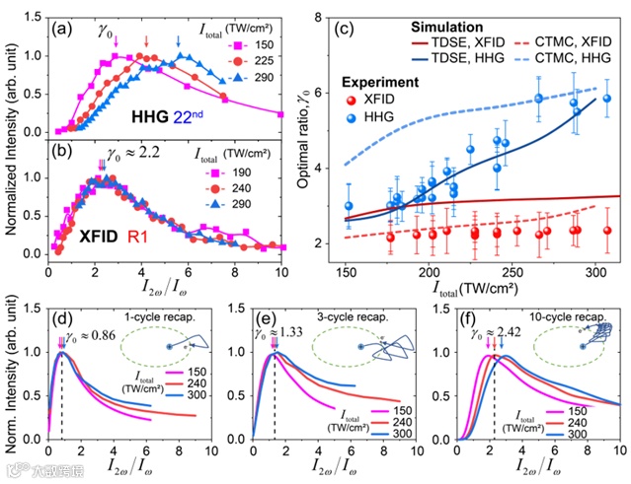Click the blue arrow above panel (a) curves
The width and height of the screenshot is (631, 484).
coord(178,41)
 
